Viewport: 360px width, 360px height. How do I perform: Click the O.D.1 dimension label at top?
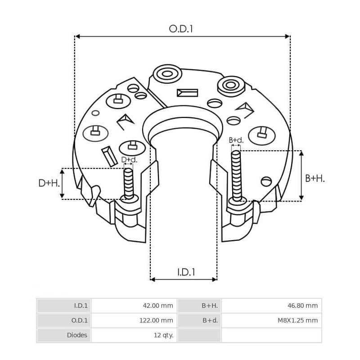(181, 29)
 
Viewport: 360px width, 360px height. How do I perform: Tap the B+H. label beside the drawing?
(315, 179)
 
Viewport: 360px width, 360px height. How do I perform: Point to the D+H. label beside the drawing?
(48, 183)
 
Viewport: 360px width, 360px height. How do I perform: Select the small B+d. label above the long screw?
(236, 140)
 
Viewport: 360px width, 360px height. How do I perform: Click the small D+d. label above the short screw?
(129, 160)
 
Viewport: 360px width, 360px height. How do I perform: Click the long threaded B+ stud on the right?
(237, 175)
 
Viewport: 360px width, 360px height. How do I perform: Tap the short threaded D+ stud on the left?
(128, 182)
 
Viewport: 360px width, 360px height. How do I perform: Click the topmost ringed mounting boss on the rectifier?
(167, 73)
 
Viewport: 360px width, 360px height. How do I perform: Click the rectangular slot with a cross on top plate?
(187, 93)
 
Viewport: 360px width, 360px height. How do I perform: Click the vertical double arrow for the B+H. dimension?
(301, 175)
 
